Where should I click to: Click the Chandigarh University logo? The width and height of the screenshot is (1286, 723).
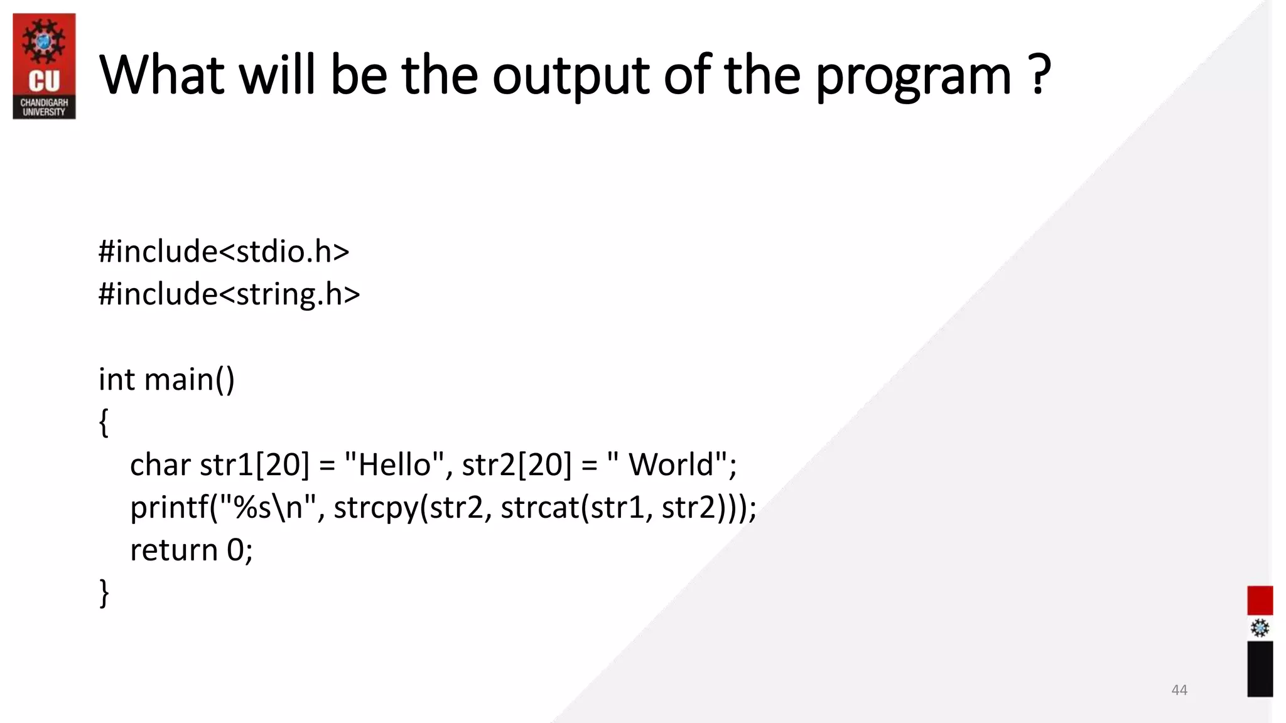[x=44, y=66]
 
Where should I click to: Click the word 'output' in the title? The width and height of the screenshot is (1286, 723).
[x=570, y=75]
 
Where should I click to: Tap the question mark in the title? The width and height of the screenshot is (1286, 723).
[x=1040, y=74]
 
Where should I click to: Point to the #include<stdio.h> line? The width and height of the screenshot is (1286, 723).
[x=224, y=251]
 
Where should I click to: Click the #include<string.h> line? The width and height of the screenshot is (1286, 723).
[x=229, y=294]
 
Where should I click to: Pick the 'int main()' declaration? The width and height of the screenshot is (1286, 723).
[x=166, y=380]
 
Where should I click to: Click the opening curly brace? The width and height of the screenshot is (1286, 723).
[x=104, y=422]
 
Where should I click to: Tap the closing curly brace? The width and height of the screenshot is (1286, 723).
[x=104, y=592]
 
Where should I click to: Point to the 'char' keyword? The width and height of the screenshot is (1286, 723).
[x=160, y=465]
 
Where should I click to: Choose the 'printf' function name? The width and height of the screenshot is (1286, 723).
[x=169, y=507]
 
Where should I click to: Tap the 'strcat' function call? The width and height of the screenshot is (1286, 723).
[x=539, y=507]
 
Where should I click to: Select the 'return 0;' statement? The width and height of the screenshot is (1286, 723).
[x=191, y=550]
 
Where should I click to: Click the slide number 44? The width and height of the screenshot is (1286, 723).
[x=1179, y=690]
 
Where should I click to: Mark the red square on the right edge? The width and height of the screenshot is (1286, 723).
[x=1260, y=601]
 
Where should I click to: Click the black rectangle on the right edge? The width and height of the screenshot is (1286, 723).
[x=1260, y=668]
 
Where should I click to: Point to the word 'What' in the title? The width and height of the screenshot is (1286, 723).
[x=161, y=75]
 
